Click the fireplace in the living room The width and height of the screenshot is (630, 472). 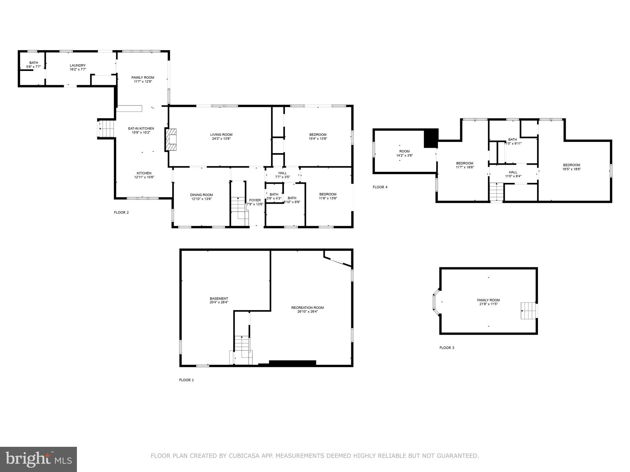(x=171, y=140)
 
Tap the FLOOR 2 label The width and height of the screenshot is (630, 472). (x=121, y=212)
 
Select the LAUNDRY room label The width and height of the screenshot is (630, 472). (x=78, y=65)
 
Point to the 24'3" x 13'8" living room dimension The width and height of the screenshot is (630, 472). (x=221, y=139)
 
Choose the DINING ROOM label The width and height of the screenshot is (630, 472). (x=201, y=195)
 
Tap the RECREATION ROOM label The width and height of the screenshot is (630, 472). (x=307, y=308)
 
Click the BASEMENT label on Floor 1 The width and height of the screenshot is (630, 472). (x=219, y=298)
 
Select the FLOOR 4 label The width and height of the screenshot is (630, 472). (x=380, y=187)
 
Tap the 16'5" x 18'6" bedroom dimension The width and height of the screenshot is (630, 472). (x=572, y=169)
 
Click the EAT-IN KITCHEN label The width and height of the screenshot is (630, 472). (x=141, y=128)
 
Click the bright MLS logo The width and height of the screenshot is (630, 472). (x=38, y=459)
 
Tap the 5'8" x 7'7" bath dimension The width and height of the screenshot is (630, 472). (x=34, y=67)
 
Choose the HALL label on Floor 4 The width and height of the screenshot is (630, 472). (x=513, y=172)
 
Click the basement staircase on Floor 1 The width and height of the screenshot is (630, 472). (x=242, y=347)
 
